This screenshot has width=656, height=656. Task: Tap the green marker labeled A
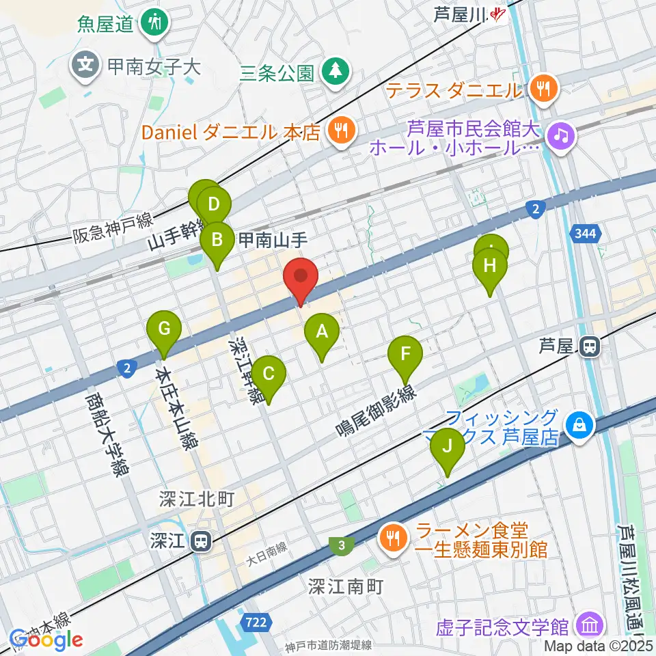[x=321, y=334]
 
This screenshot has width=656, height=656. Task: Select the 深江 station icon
[x=201, y=542]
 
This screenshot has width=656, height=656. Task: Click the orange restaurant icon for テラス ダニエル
[x=544, y=87]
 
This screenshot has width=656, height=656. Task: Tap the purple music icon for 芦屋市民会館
[x=562, y=133]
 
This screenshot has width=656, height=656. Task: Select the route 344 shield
[x=584, y=235]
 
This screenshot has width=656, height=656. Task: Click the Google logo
[x=46, y=640]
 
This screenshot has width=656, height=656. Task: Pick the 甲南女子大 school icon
[x=85, y=66]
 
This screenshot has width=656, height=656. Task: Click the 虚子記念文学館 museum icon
[x=588, y=625]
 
